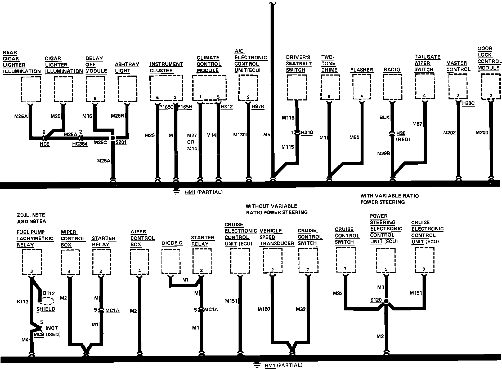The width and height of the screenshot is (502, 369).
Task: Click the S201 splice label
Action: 121,142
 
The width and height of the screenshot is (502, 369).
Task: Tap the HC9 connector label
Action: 45,144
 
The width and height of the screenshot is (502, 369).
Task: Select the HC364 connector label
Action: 80,144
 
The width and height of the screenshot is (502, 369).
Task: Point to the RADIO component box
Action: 392,88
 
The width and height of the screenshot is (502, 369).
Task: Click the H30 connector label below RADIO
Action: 401,133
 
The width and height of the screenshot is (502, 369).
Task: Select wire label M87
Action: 417,124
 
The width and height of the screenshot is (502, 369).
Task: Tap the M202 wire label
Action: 449,132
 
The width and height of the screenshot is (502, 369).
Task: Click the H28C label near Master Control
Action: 468,103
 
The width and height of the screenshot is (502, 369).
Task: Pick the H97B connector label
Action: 258,107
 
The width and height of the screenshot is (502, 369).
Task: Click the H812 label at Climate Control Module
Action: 227,107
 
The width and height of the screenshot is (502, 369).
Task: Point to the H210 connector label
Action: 307,132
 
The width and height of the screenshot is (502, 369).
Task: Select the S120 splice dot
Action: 386,301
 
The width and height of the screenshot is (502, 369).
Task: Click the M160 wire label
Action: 264,309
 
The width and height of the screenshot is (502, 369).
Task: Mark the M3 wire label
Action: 380,336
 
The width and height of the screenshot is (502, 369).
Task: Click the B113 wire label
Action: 23,301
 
